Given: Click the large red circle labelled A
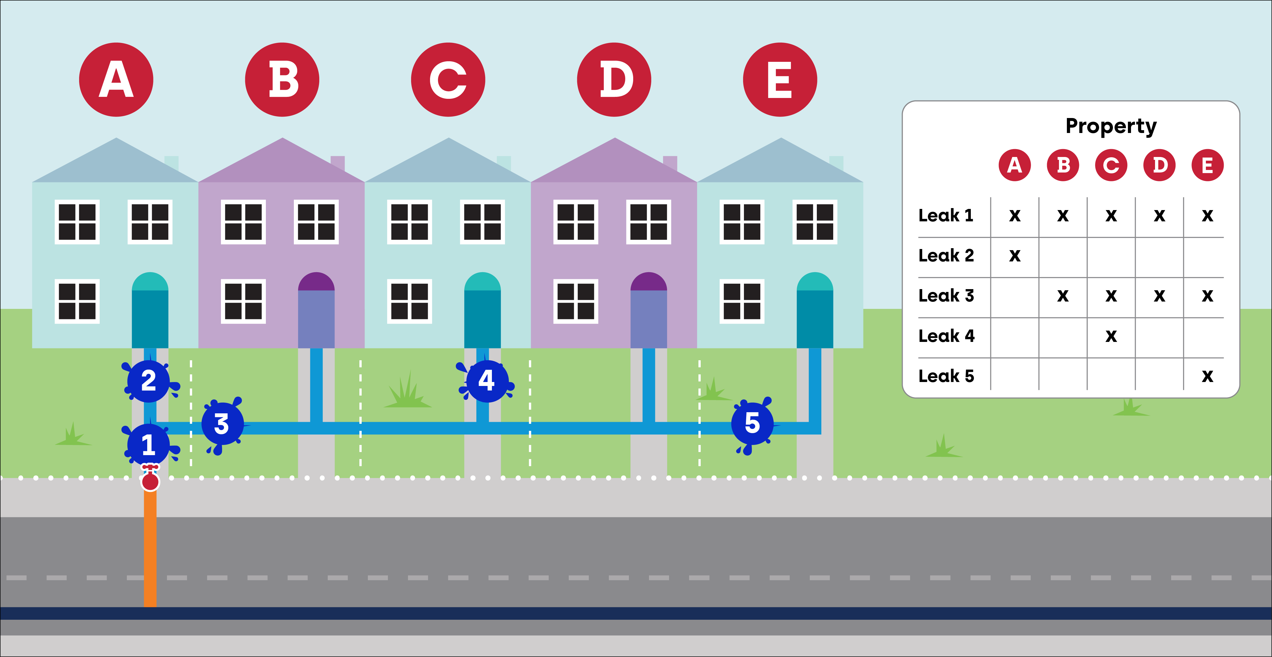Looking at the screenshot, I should pos(116,79).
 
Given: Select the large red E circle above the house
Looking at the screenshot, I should pos(780,79).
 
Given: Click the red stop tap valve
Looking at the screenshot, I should pos(150,479).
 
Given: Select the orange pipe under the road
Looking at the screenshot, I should pos(150,548).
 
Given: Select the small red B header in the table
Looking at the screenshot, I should pos(1063,165).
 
